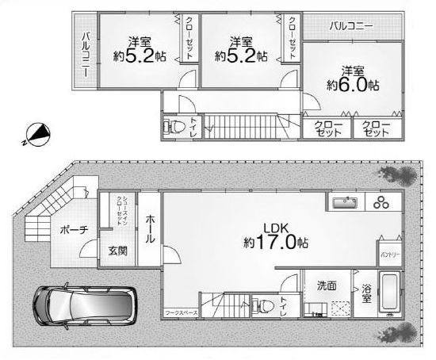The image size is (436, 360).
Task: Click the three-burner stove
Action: click(384, 203)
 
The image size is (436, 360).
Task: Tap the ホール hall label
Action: click(151, 230)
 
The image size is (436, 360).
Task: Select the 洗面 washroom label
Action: click(327, 285)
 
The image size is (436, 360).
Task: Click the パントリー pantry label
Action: click(389, 255)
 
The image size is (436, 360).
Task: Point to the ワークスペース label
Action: click(181, 314)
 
